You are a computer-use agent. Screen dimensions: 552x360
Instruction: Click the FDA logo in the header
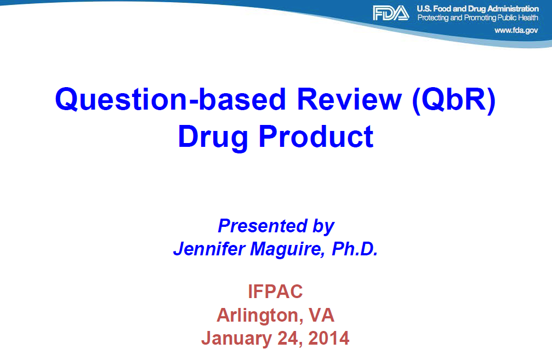[x=391, y=13]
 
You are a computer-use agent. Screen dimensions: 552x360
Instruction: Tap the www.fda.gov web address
[x=516, y=30]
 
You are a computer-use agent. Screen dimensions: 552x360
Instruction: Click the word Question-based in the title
[x=170, y=100]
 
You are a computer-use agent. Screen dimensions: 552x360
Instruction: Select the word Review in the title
[x=349, y=99]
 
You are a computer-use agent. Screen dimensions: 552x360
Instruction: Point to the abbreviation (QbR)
[x=454, y=100]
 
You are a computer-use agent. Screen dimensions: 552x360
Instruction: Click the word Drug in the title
[x=213, y=137]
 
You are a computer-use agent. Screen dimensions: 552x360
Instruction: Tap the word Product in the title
[x=316, y=136]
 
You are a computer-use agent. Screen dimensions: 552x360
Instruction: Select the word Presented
[x=263, y=226]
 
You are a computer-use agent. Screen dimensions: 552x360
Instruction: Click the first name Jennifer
[x=209, y=248]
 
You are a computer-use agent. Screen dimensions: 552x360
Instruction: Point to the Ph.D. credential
[x=355, y=248]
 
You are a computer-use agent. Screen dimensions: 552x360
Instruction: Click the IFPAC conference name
[x=275, y=292]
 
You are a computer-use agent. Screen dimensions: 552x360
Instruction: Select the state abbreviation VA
[x=321, y=315]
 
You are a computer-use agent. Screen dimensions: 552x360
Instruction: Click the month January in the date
[x=237, y=339]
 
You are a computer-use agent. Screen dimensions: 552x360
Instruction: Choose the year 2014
[x=329, y=338]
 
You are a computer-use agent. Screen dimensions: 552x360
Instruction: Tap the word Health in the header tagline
[x=528, y=18]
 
